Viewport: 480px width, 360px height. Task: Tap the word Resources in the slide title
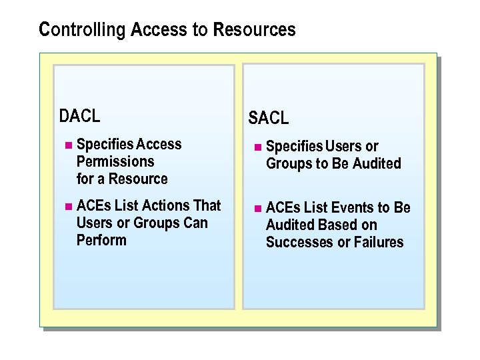pos(262,30)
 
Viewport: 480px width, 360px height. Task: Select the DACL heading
pos(79,116)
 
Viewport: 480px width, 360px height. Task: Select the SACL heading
pos(269,119)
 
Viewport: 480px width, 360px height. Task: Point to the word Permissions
pos(115,161)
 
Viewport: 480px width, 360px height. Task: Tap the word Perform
pos(101,240)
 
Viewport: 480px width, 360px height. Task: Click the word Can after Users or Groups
pos(195,223)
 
